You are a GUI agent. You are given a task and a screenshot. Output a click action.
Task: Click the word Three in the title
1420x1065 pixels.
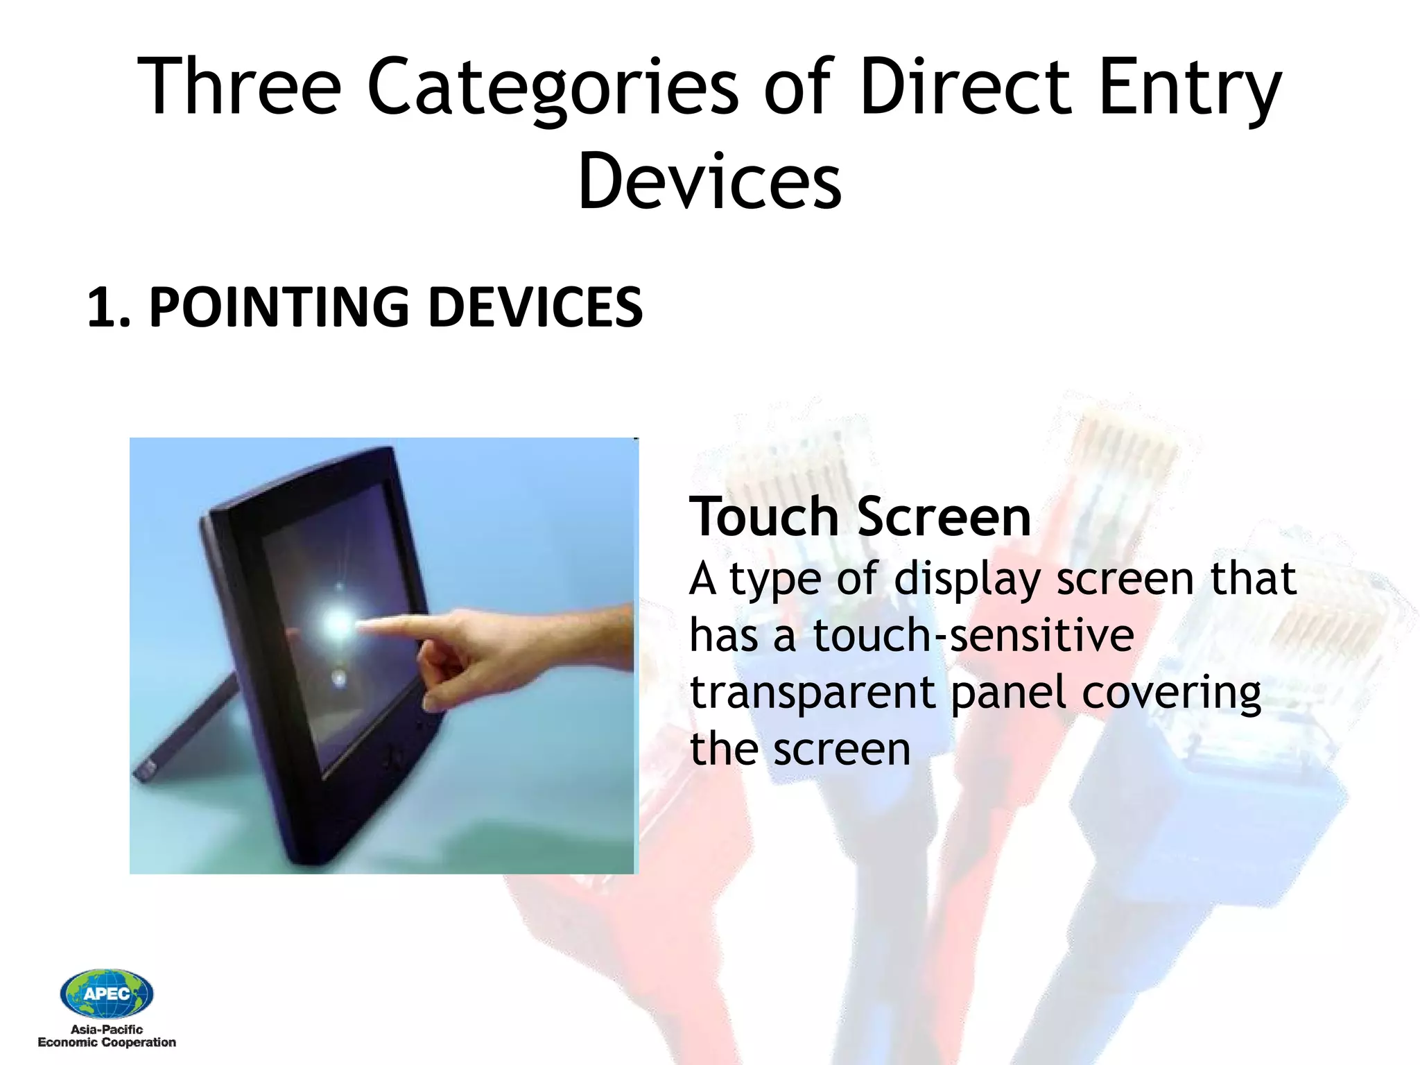[x=239, y=87]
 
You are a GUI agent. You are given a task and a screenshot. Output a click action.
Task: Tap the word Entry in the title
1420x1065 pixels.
[x=1190, y=90]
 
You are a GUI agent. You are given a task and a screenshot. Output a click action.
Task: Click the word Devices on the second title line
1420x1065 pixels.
[x=709, y=182]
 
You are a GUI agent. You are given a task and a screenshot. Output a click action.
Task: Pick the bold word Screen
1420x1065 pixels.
[x=944, y=517]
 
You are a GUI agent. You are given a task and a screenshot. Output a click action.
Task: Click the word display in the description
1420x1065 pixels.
[x=967, y=580]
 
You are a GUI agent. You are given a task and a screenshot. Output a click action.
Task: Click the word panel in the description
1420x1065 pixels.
[x=1008, y=693]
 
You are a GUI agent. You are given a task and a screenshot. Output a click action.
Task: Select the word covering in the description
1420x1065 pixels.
[x=1171, y=693]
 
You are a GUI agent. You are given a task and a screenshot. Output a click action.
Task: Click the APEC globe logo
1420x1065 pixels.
[x=106, y=993]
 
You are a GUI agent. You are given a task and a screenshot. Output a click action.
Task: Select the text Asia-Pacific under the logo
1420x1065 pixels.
[x=106, y=1030]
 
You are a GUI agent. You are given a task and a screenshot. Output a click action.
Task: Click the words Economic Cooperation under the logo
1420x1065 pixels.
[x=106, y=1043]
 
